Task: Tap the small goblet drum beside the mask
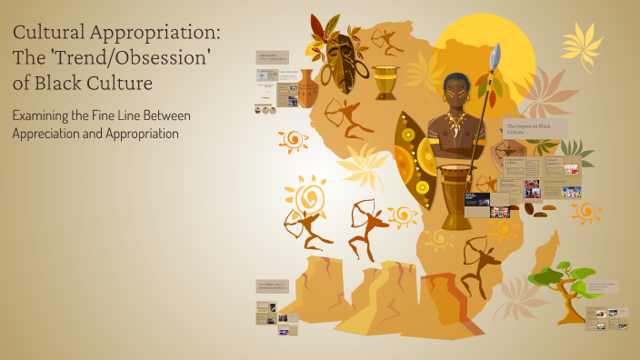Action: click(x=385, y=82)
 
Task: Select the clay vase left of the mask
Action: click(x=308, y=88)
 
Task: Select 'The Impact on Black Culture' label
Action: click(x=535, y=128)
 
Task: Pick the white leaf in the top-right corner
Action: click(x=581, y=41)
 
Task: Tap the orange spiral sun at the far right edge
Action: click(x=586, y=213)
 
